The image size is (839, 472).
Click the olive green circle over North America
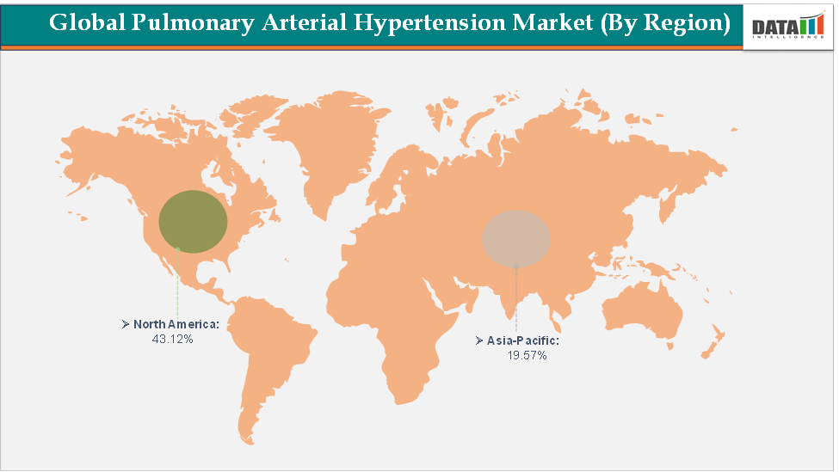(x=194, y=221)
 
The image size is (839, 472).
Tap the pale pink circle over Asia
(x=515, y=237)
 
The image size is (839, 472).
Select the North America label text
(x=176, y=325)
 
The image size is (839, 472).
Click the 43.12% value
(x=172, y=340)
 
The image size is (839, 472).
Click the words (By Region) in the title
(x=666, y=22)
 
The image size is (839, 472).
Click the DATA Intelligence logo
(x=787, y=27)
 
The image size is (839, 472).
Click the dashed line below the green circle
(x=177, y=284)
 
